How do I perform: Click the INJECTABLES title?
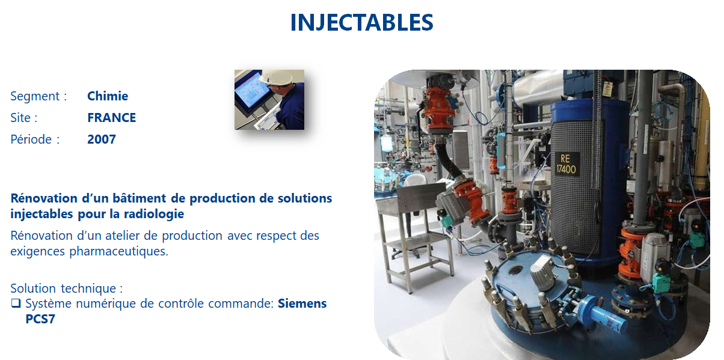361,22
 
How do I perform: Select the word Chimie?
108,96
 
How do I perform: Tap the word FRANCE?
111,118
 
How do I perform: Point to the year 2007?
102,139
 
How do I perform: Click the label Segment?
35,96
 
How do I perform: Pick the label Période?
31,139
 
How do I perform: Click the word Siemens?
302,304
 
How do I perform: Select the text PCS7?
40,319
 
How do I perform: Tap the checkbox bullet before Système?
16,304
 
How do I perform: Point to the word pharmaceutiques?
118,251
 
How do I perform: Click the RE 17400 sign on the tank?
566,164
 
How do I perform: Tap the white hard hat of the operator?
278,77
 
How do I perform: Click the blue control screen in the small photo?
251,90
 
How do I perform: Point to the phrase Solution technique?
63,288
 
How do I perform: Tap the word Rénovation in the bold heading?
44,198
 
